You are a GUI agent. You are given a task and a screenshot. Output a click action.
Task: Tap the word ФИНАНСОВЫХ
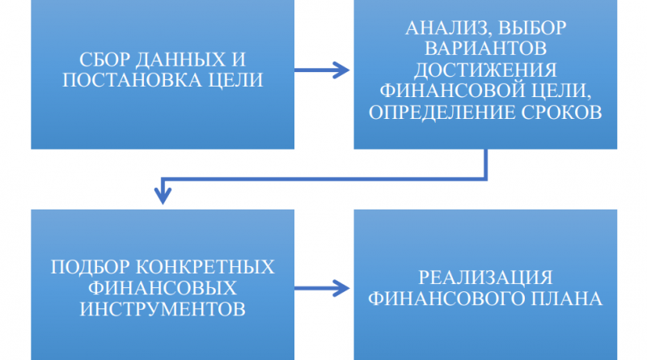pos(162,288)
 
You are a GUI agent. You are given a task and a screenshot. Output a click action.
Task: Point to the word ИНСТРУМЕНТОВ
pos(162,308)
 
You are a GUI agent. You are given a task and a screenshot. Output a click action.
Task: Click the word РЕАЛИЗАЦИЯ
pos(485,277)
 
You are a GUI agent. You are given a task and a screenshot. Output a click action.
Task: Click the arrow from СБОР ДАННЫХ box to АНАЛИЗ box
pos(323,70)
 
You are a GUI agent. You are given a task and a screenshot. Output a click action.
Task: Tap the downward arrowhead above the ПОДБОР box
pos(163,195)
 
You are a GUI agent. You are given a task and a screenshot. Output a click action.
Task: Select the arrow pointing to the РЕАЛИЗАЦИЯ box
pos(323,286)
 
